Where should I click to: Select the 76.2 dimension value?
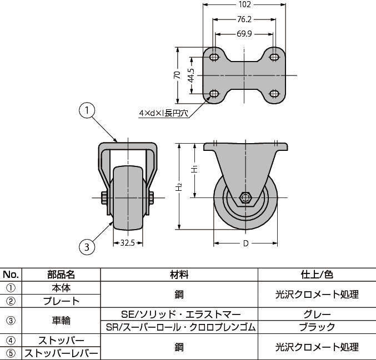point(244,19)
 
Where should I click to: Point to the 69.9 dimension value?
point(244,34)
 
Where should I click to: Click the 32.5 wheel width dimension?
point(128,242)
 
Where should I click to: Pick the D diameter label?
point(245,243)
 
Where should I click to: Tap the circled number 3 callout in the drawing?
point(86,246)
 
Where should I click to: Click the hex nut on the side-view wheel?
point(245,197)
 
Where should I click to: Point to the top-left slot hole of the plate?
point(215,57)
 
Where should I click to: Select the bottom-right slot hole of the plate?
point(274,93)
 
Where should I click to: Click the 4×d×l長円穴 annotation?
point(164,114)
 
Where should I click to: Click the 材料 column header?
point(179,275)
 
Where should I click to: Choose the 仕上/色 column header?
point(317,275)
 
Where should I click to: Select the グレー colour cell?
point(317,314)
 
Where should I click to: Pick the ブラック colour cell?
point(317,327)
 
